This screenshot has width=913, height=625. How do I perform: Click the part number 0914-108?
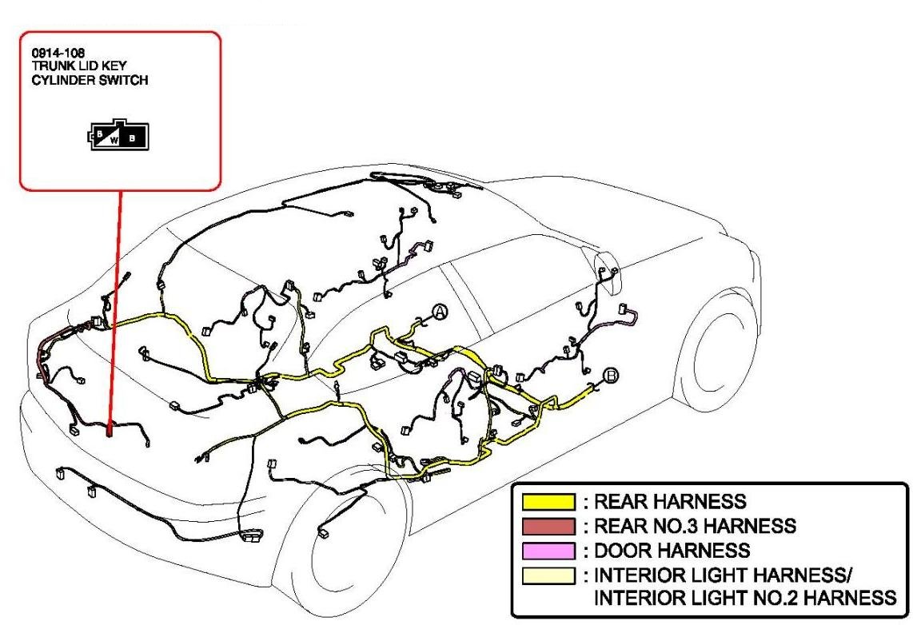[x=58, y=53]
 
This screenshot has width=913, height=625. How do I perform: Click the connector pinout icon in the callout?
[x=118, y=136]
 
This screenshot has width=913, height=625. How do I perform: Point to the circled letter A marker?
[x=440, y=312]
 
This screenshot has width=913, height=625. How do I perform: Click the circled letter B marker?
[x=611, y=376]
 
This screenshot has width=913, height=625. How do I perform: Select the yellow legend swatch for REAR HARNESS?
[x=548, y=502]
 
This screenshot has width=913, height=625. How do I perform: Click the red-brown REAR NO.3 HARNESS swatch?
[x=548, y=526]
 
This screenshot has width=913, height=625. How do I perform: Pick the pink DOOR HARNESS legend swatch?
[x=548, y=551]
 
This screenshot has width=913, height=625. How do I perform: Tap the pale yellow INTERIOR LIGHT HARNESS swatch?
[x=548, y=575]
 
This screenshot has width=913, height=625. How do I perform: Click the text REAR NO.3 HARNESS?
[x=695, y=526]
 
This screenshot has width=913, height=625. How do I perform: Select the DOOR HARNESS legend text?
[x=672, y=551]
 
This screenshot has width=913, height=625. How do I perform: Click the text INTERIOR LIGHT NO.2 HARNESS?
[x=745, y=598]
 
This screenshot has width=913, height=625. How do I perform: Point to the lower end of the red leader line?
[x=110, y=434]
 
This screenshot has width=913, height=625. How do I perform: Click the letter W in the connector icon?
[x=114, y=140]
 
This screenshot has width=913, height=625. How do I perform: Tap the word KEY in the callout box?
[x=114, y=66]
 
